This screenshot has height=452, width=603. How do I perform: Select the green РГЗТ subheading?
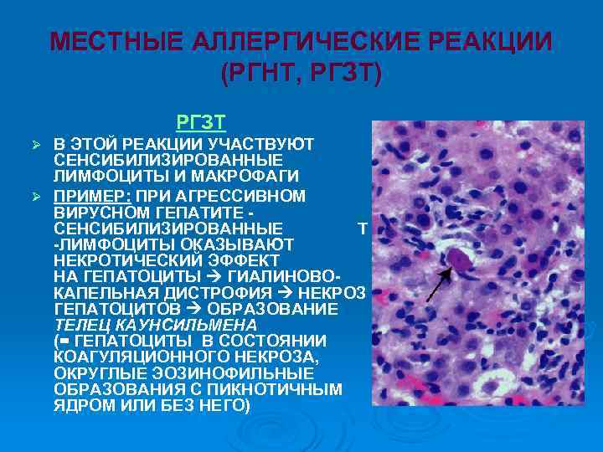(201, 123)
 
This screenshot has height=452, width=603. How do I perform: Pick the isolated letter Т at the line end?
(362, 228)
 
